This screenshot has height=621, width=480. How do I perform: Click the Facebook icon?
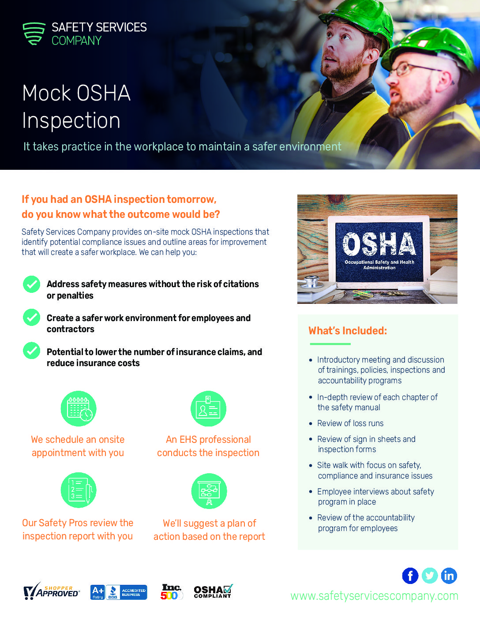410,576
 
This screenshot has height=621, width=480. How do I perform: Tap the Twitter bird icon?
430,576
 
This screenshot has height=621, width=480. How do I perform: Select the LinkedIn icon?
449,576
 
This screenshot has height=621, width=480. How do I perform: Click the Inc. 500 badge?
171,592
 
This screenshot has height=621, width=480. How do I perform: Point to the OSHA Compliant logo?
213,591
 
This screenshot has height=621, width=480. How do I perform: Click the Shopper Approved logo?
52,591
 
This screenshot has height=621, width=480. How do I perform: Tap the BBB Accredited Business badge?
119,592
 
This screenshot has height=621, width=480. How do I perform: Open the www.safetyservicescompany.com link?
374,596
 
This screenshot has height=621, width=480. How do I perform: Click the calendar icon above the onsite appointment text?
79,409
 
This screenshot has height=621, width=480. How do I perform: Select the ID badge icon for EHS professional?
208,409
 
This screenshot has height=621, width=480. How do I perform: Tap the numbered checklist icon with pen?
79,490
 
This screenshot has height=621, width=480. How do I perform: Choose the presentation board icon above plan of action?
209,491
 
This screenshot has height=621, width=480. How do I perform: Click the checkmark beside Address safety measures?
32,284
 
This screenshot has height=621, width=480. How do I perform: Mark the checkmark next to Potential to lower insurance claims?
32,351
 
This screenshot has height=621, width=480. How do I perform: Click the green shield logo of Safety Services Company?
34,34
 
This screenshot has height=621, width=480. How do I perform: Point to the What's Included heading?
348,331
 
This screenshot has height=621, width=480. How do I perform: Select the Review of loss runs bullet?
350,423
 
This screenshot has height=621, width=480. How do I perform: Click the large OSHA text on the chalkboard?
379,244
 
